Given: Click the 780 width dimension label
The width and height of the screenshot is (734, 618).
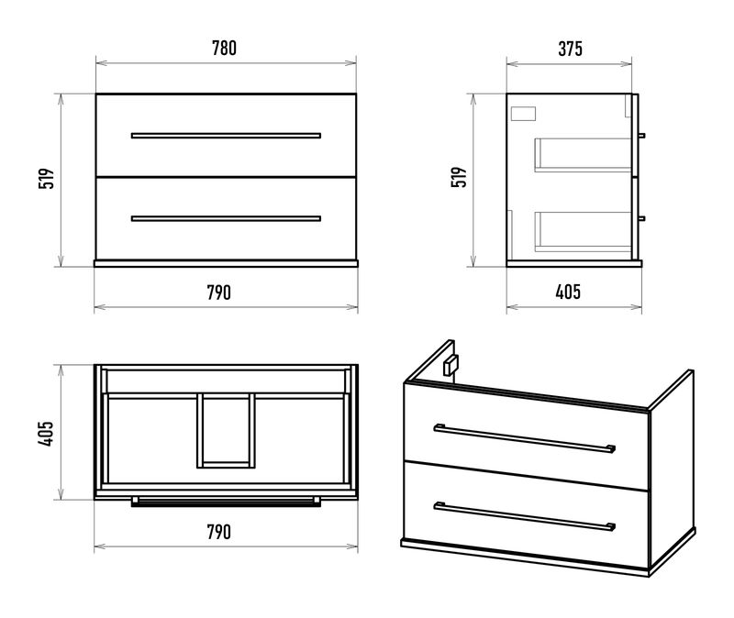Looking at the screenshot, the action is pyautogui.click(x=224, y=49).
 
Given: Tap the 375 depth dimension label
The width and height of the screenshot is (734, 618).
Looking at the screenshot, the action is pyautogui.click(x=570, y=49).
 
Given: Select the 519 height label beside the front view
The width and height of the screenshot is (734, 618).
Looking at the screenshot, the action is pyautogui.click(x=47, y=178).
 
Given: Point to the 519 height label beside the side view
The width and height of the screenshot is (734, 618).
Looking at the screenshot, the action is pyautogui.click(x=460, y=177).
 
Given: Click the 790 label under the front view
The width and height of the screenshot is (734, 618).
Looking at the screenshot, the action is pyautogui.click(x=218, y=292).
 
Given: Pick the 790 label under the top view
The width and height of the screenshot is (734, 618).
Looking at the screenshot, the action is pyautogui.click(x=218, y=532).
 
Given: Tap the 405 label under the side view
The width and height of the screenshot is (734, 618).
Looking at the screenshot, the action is pyautogui.click(x=568, y=292).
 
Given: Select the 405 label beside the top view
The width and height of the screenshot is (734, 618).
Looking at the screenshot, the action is pyautogui.click(x=47, y=433).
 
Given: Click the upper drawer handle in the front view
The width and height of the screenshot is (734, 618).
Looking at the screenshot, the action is pyautogui.click(x=226, y=136).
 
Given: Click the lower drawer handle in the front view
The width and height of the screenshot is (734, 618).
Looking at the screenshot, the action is pyautogui.click(x=226, y=218).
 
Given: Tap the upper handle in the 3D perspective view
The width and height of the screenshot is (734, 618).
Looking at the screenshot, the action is pyautogui.click(x=524, y=438).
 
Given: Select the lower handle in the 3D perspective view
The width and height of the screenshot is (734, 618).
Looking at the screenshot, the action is pyautogui.click(x=524, y=516).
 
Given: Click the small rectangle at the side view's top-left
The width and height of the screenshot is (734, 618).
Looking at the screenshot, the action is pyautogui.click(x=523, y=114).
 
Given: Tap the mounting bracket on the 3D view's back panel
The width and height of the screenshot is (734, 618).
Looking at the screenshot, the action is pyautogui.click(x=450, y=365).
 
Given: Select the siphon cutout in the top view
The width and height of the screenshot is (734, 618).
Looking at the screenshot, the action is pyautogui.click(x=226, y=431).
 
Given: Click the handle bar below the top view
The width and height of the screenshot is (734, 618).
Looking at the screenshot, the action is pyautogui.click(x=226, y=502).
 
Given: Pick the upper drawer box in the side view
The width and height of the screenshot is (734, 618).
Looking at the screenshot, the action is pyautogui.click(x=583, y=155).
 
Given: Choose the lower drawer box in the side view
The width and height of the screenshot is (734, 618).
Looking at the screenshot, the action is pyautogui.click(x=583, y=232).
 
